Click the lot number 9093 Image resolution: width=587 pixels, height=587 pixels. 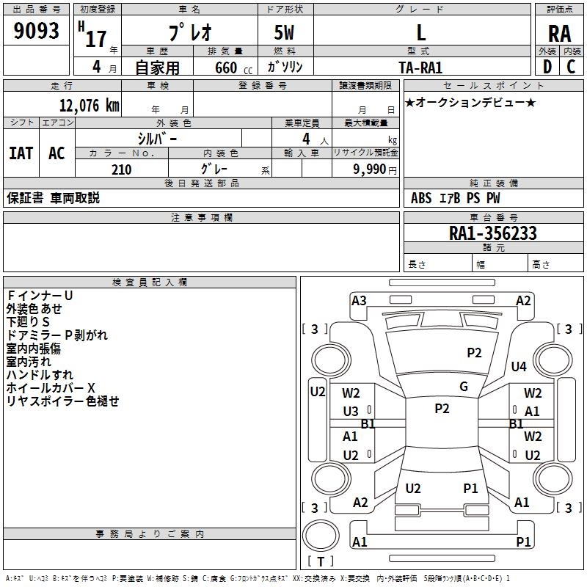pos(37,31)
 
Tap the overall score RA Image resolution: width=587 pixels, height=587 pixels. pos(559,34)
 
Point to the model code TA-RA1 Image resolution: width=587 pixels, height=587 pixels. pos(420,68)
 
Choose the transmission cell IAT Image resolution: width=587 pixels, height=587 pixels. pos(21,153)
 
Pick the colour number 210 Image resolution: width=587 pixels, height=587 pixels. pos(121,169)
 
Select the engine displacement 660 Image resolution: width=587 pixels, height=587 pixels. pos(225,68)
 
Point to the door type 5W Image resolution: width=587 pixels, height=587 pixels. pos(285,34)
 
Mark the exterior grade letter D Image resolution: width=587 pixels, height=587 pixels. pos(547,68)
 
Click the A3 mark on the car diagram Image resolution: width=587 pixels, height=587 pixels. pos(359,301)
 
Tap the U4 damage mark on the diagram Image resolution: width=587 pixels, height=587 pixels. pos(519,367)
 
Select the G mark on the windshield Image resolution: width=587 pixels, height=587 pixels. pos(464,387)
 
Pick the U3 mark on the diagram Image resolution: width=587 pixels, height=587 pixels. pos(351,412)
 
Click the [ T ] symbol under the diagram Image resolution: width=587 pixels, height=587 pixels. pos(320,562)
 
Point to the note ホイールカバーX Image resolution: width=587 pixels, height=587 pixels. pos(51,387)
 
